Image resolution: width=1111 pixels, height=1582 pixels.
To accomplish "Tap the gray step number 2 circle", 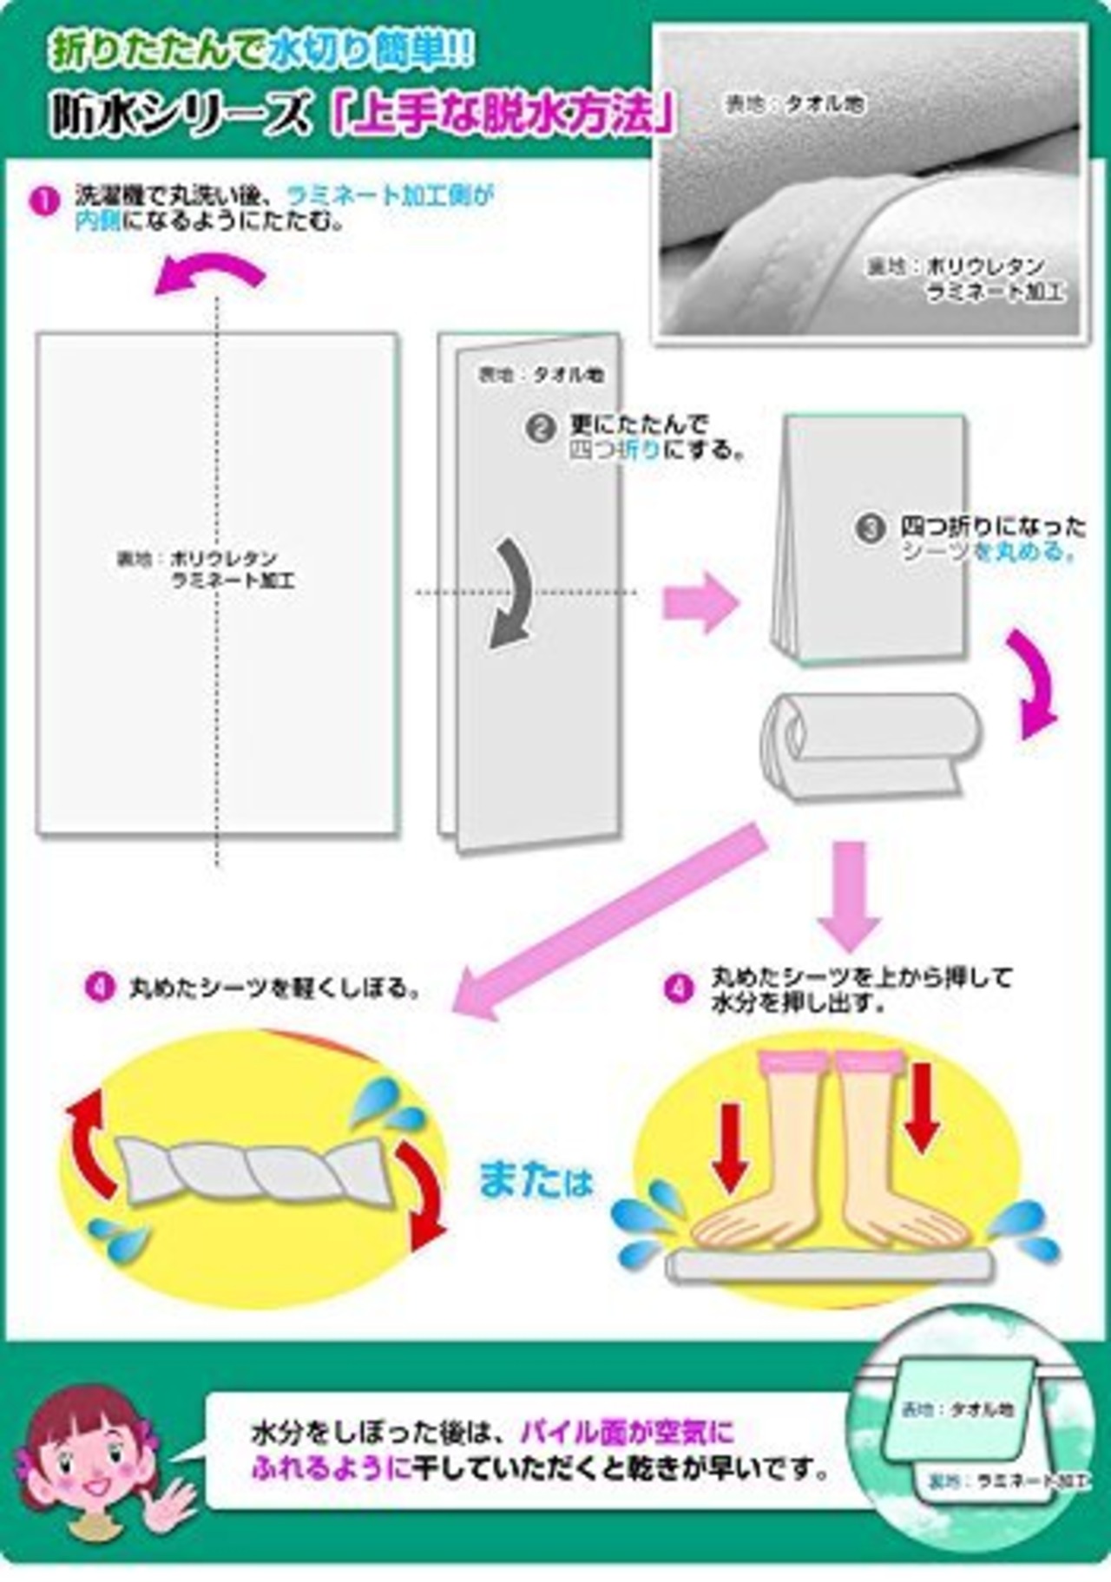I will tap(540, 428).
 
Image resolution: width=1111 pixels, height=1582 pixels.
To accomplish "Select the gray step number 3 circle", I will tap(869, 529).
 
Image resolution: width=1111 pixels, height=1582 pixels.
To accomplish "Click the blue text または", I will tap(535, 1183).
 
